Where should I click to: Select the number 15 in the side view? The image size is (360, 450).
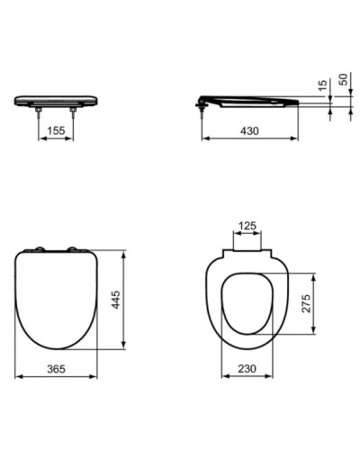(320, 86)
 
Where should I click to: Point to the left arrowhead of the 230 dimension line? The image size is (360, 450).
(223, 379)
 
